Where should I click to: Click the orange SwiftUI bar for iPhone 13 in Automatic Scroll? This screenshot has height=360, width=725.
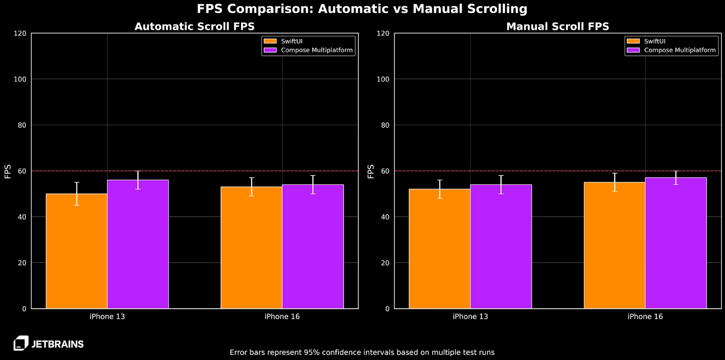tap(77, 252)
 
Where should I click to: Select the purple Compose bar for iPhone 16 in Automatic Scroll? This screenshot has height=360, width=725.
tap(313, 247)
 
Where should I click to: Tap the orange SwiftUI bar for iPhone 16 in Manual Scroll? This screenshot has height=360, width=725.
tap(614, 246)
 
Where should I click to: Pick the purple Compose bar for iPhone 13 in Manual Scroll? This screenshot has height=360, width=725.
tap(501, 247)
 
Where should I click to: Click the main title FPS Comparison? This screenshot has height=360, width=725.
tap(362, 9)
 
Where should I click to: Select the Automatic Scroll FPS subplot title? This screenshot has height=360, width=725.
tap(194, 26)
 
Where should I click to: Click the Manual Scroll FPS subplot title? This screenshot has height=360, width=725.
tap(557, 26)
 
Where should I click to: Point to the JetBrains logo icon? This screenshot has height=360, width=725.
tap(21, 343)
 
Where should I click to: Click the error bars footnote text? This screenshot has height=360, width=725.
tap(362, 352)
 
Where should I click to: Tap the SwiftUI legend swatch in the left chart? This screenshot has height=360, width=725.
tap(270, 41)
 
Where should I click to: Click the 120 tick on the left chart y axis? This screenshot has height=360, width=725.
tap(20, 34)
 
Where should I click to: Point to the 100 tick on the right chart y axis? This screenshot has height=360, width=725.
tap(383, 79)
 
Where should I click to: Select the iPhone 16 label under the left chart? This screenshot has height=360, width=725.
tap(282, 316)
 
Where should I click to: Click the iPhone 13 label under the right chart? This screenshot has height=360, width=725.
tap(470, 316)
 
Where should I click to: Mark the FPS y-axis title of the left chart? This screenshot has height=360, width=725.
tap(8, 171)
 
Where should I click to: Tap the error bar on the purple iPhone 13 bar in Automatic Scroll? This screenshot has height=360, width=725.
tap(138, 180)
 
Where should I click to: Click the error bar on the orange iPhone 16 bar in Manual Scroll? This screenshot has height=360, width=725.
tap(614, 182)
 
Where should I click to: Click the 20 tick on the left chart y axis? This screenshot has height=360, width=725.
tap(22, 263)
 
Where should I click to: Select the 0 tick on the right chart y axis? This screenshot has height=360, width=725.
tap(387, 309)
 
